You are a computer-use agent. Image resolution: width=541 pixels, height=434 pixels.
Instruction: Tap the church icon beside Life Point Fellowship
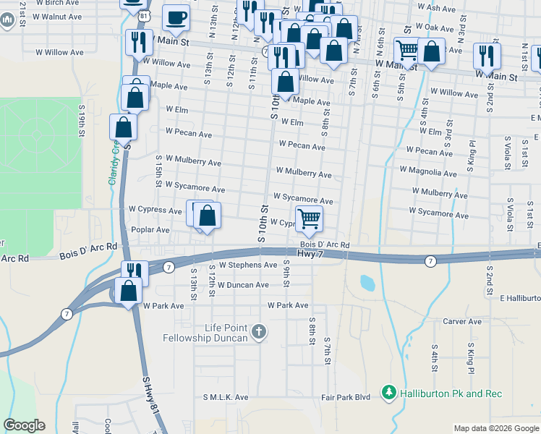[259, 333]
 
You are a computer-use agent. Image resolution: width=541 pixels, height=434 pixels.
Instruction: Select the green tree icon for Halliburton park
[389, 392]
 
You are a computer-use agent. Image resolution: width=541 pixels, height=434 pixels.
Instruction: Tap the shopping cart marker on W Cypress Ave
[309, 218]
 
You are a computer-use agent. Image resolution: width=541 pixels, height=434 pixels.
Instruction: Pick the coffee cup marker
[176, 17]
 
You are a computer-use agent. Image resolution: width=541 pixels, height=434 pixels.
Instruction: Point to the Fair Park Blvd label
[346, 397]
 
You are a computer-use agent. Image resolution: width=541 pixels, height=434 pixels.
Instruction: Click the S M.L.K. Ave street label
[226, 397]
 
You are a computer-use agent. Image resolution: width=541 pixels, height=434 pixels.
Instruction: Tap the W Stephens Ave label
[248, 265]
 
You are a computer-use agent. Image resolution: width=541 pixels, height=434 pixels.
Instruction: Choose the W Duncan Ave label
[244, 285]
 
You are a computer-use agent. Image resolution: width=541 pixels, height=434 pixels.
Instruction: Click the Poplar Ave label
[150, 229]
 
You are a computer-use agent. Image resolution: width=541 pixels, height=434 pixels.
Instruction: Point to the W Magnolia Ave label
[428, 174]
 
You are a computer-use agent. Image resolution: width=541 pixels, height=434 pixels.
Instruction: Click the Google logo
[24, 425]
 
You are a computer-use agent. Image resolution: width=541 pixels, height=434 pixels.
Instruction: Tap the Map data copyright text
[496, 428]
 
